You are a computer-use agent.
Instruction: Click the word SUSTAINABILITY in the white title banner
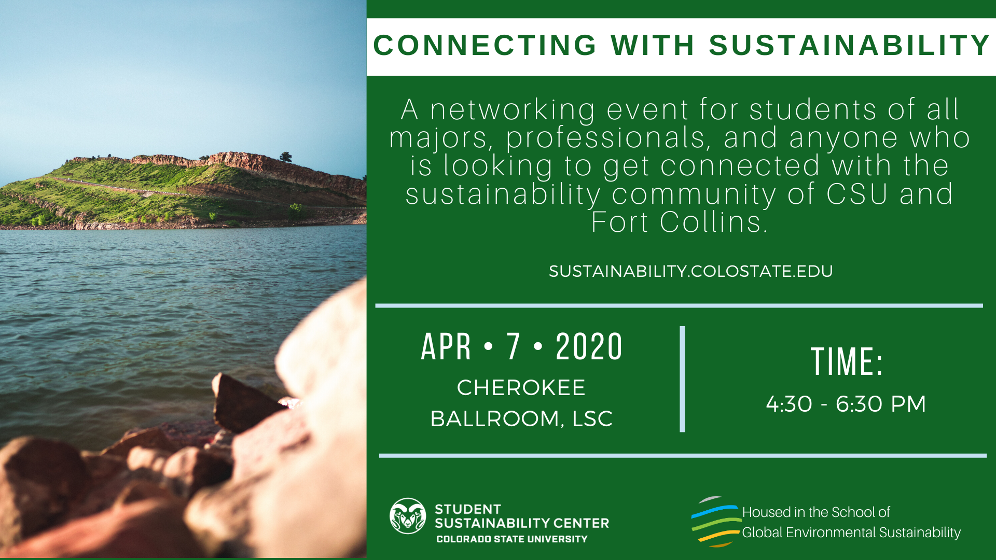[850, 45]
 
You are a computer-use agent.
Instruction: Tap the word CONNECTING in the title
[485, 45]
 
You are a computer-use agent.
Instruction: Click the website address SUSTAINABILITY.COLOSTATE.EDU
[690, 271]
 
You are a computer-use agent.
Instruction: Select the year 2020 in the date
[589, 346]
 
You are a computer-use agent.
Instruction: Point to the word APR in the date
[446, 346]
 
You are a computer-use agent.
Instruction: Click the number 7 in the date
[513, 346]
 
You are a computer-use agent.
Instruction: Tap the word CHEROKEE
[521, 388]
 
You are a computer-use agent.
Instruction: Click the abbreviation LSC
[592, 419]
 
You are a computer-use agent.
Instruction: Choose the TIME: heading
[847, 361]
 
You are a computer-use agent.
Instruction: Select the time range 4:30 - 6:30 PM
[846, 404]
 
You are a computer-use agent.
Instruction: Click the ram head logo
[408, 516]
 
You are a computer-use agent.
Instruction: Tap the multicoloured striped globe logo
[715, 522]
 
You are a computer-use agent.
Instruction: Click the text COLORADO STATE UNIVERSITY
[512, 539]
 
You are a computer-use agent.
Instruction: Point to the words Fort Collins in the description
[679, 222]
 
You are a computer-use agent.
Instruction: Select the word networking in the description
[513, 111]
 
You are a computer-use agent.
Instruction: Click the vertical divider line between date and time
[682, 379]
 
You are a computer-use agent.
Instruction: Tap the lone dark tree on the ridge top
[285, 157]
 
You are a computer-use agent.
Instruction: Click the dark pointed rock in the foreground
[244, 402]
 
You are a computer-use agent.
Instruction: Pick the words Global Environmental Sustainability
[851, 533]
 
